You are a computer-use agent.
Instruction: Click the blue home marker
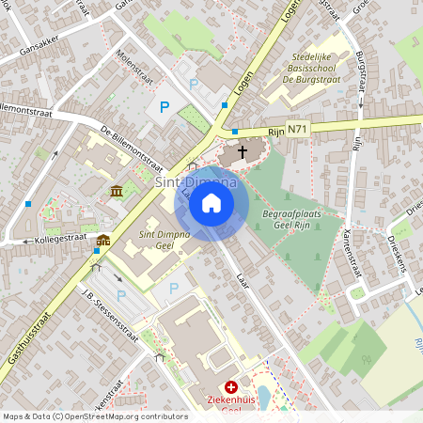211,203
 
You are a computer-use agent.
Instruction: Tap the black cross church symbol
242,151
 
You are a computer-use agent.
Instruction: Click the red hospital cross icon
231,386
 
